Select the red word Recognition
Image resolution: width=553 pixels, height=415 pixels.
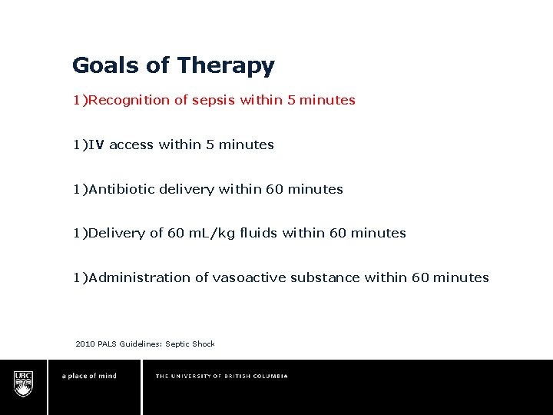coord(127,100)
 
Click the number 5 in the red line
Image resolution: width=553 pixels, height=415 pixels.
coord(291,100)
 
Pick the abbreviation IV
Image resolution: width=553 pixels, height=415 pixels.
coord(96,144)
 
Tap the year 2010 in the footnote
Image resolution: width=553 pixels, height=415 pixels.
coord(85,344)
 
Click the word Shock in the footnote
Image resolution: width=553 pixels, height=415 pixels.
coord(204,344)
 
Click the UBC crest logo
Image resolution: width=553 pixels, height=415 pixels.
coord(23,382)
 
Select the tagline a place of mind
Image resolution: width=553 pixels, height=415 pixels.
coord(89,376)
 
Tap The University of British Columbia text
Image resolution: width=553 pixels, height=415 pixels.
coord(221,376)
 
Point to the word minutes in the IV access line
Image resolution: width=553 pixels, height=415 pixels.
coord(246,144)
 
